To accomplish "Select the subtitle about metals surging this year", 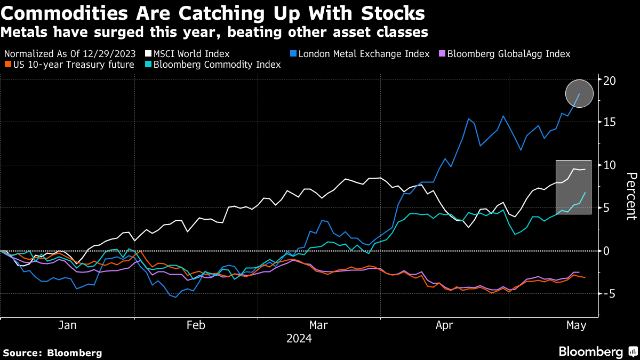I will [214, 32].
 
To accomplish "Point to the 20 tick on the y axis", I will [610, 81].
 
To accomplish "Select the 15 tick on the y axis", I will [610, 123].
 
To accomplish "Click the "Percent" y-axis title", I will [630, 196].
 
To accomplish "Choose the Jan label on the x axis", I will [67, 325].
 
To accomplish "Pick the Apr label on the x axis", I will [444, 325].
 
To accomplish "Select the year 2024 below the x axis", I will [299, 339].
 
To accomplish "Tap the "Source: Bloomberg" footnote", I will [52, 353].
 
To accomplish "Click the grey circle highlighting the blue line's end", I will [579, 93].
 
